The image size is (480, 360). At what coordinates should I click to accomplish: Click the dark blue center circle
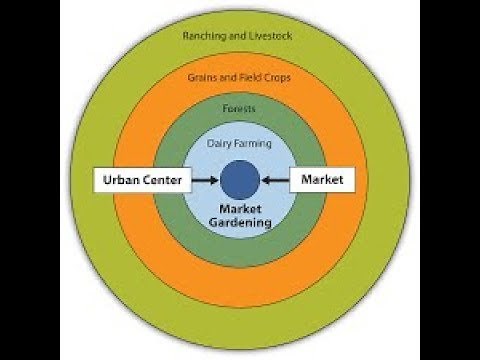pyautogui.click(x=240, y=181)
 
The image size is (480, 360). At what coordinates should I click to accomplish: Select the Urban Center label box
pyautogui.click(x=141, y=181)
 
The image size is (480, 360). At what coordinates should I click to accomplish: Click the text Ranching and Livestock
pyautogui.click(x=240, y=36)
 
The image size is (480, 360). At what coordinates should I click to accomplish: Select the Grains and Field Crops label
pyautogui.click(x=240, y=77)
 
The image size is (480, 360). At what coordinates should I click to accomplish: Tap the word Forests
pyautogui.click(x=240, y=109)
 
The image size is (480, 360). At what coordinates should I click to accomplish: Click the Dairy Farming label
pyautogui.click(x=240, y=143)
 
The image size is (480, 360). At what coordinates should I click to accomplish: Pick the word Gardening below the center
pyautogui.click(x=240, y=223)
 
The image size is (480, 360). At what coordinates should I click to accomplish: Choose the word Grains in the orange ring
pyautogui.click(x=205, y=77)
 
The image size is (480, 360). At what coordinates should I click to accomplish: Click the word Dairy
pyautogui.click(x=220, y=143)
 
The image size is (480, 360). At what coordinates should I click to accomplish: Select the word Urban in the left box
pyautogui.click(x=120, y=181)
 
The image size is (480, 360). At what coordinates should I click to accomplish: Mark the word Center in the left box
pyautogui.click(x=161, y=181)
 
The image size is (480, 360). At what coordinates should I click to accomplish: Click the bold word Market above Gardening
pyautogui.click(x=240, y=209)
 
